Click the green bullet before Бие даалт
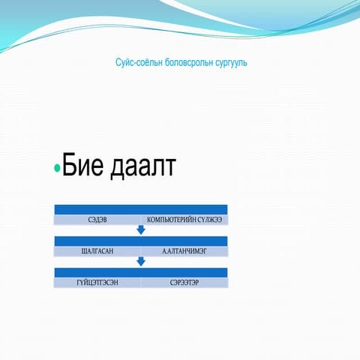tap(58, 169)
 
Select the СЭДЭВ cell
tap(97, 220)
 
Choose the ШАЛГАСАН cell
tap(97, 251)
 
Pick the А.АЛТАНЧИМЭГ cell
tap(184, 251)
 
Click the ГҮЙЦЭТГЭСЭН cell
tap(97, 283)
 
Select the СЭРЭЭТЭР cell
tap(184, 283)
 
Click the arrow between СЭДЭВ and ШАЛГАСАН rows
tap(141, 230)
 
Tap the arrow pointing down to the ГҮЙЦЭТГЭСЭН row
tap(141, 262)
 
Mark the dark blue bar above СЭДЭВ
tap(141, 209)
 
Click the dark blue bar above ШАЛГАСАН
tap(141, 241)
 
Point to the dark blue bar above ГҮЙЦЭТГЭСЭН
tap(141, 272)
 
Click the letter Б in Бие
tap(70, 166)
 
